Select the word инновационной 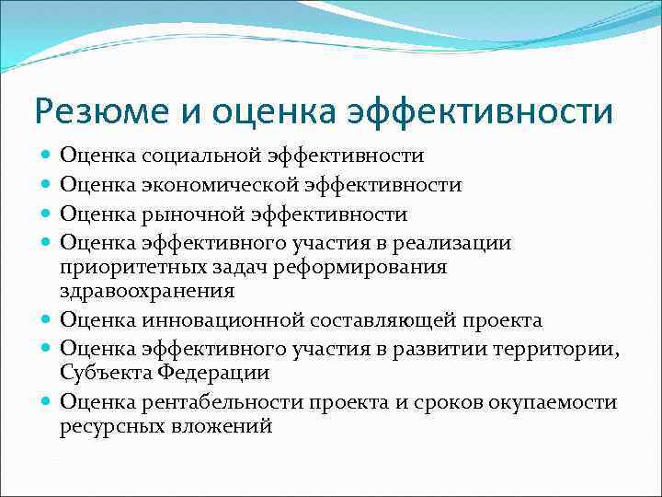pos(218,320)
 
